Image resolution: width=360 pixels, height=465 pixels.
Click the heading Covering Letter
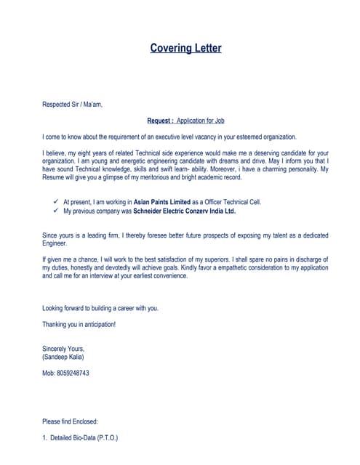185,49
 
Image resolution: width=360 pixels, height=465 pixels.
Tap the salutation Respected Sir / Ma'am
73,105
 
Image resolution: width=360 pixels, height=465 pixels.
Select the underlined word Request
159,121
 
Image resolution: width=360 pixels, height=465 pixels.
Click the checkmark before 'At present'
56,201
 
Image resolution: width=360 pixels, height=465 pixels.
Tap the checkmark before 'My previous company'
56,211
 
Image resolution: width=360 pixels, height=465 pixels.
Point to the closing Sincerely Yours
64,349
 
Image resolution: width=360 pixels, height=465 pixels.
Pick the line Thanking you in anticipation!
79,324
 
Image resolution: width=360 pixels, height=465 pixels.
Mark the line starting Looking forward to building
100,308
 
